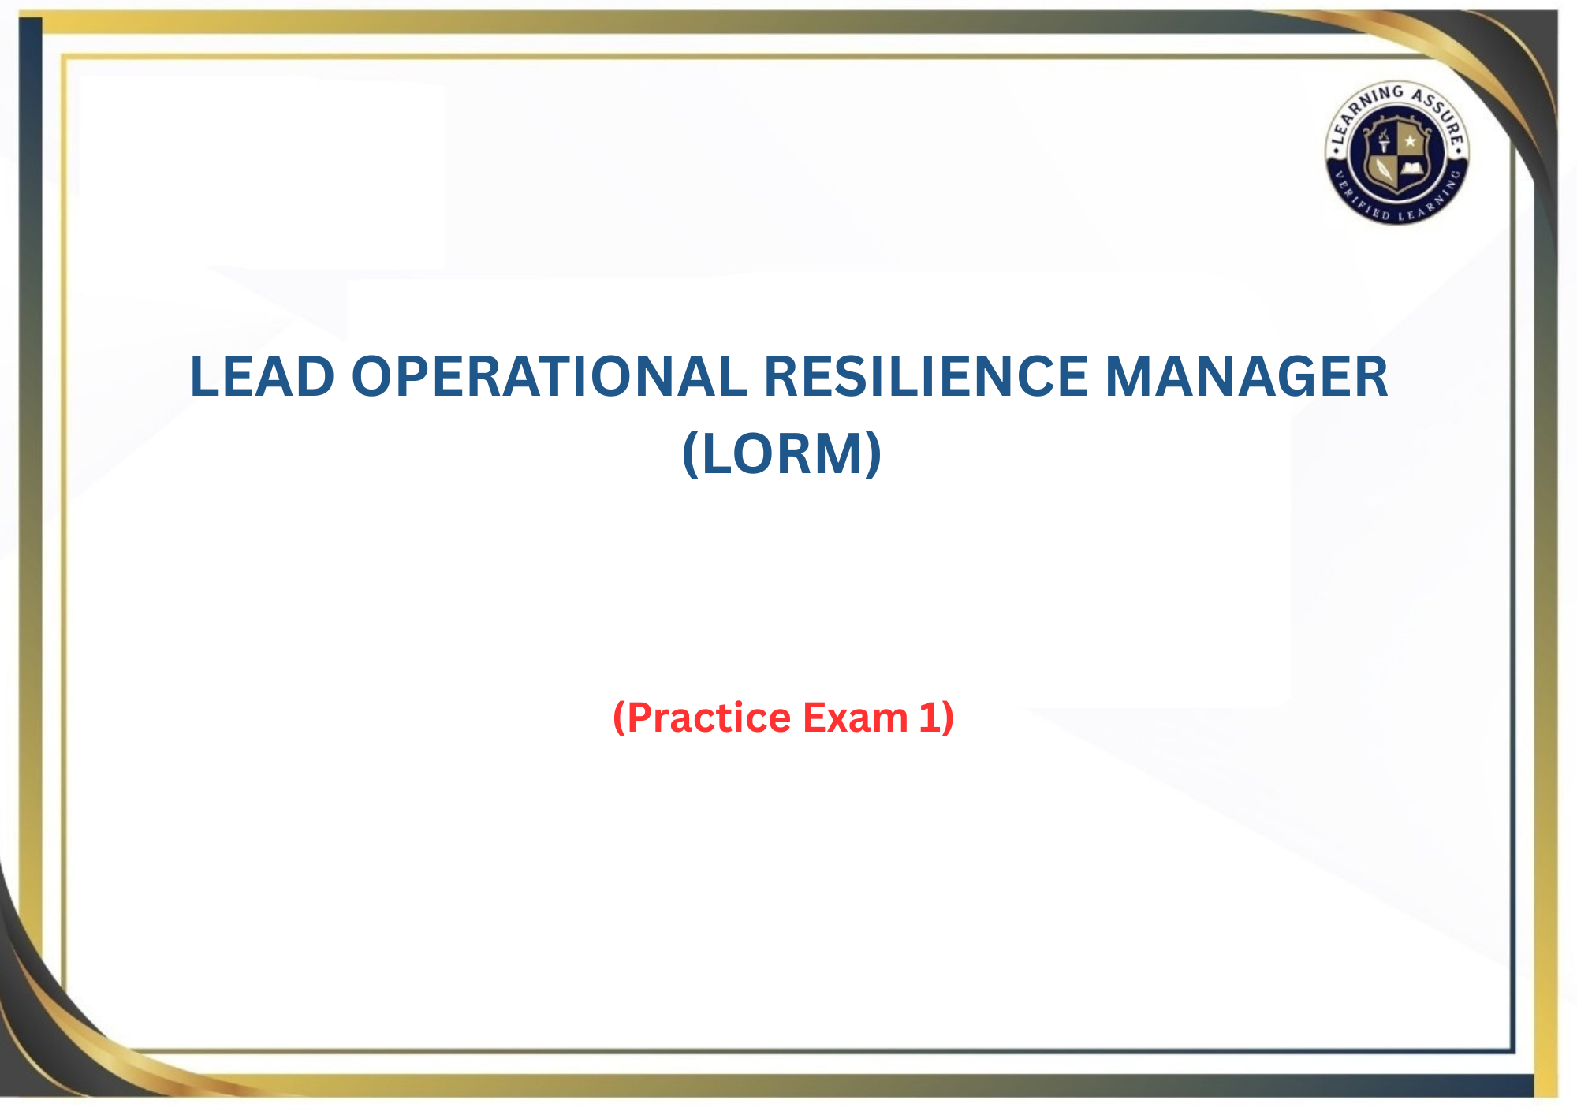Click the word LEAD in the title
(x=263, y=376)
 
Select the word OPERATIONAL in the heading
(x=549, y=376)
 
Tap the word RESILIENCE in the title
(x=926, y=376)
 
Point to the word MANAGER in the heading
(x=1247, y=376)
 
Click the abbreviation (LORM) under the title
(x=781, y=453)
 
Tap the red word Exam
(x=856, y=718)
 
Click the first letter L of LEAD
(x=203, y=376)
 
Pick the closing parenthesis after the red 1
(x=947, y=718)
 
